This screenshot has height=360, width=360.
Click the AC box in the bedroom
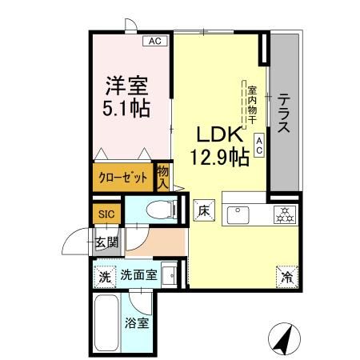click(157, 41)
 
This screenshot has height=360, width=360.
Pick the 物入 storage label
click(163, 177)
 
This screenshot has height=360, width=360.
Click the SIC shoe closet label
click(106, 214)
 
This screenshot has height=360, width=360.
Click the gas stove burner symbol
click(282, 214)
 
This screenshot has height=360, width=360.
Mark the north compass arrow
click(282, 338)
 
